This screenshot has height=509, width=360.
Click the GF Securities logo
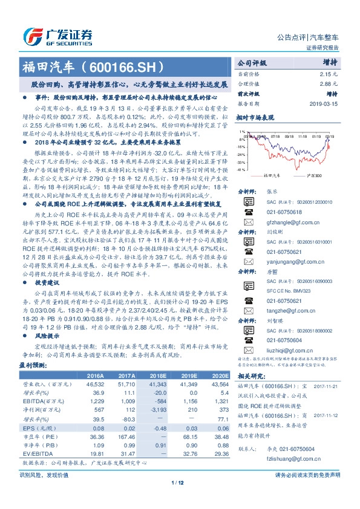tap(57, 36)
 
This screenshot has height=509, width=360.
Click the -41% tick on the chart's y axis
tap(241, 170)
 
